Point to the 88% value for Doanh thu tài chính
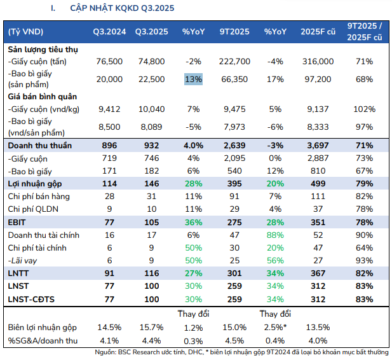[276, 235]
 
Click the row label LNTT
[20, 273]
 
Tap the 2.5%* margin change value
[275, 328]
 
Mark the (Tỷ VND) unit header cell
[26, 31]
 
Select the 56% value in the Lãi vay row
[276, 261]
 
